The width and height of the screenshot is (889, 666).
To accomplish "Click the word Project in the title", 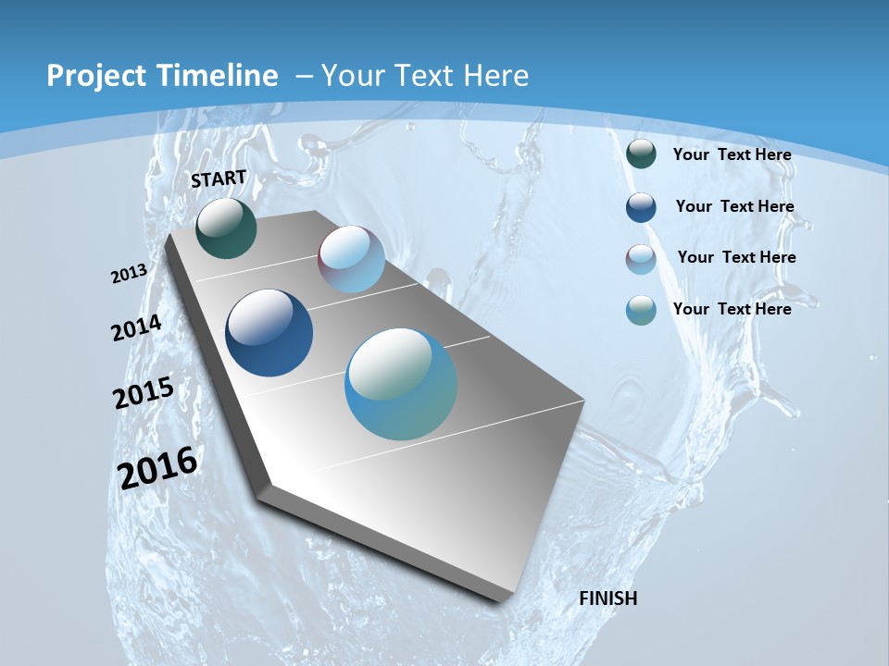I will coord(93,76).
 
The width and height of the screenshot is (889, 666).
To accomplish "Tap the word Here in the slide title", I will coord(495,76).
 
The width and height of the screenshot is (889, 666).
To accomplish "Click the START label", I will coord(219,179).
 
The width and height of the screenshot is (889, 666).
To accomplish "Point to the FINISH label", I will coord(608,598).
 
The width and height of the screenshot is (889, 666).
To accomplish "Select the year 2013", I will coord(130,273).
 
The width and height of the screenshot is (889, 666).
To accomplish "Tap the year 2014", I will coord(137,328).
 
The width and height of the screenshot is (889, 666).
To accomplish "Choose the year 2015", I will coord(144,392).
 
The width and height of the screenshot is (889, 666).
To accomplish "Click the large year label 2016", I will coord(157,467).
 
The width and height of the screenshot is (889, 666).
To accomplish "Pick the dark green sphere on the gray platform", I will coord(226,228).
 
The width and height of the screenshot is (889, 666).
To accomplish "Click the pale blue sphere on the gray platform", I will coord(351,259).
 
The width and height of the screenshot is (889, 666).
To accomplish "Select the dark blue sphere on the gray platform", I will coord(269,333).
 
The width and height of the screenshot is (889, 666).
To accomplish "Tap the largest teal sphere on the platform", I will coord(401,384).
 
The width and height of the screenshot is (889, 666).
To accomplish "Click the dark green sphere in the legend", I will coord(641,154).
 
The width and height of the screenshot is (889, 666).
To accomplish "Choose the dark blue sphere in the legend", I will coord(641,207).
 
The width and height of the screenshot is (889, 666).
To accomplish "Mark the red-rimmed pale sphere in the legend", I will coord(641,259).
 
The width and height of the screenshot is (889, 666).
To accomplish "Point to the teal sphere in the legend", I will coord(641,310).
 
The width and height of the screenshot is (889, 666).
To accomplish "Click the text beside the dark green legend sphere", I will coord(732,154).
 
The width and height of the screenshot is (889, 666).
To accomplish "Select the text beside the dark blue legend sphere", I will coord(734,206).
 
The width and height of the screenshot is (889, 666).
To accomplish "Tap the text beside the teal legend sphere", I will coord(732,309).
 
